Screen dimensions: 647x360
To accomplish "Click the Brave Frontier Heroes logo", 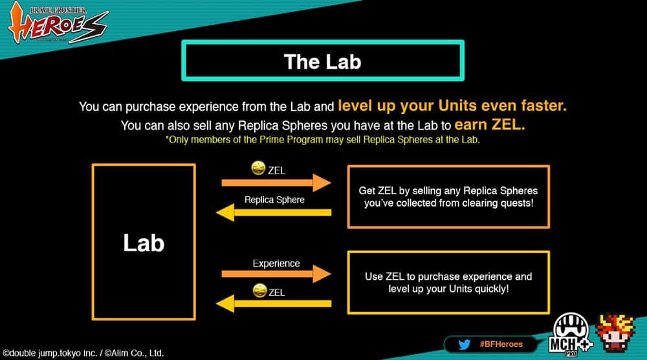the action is [58, 23].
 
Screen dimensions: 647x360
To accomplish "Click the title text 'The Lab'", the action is [323, 62].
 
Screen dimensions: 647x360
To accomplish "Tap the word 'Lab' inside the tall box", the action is [144, 242].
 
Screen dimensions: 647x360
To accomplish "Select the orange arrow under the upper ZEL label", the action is [276, 183].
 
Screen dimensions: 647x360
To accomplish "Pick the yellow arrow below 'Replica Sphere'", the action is [274, 212].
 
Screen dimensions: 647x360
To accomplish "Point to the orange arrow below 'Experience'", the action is [276, 274].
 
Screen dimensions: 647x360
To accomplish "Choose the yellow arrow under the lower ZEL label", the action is [274, 304].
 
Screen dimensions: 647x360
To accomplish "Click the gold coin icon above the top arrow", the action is [258, 168].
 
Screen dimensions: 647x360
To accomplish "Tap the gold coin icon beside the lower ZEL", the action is [259, 290].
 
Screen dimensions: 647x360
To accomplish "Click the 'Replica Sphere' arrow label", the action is [274, 200].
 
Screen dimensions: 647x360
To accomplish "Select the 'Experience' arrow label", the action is [276, 264].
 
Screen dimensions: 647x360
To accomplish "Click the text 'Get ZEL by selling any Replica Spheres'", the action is [448, 191].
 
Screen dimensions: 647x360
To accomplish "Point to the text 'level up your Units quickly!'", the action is [448, 289].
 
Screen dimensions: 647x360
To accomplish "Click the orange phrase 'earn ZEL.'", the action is [489, 125].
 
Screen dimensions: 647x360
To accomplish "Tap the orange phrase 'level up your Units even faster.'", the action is [452, 106].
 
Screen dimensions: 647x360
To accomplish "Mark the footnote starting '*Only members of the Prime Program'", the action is [323, 140].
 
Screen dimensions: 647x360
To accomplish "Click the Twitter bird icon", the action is [464, 344].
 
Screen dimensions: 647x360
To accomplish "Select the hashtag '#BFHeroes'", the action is [501, 344].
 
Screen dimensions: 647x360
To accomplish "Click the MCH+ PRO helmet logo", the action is [571, 335].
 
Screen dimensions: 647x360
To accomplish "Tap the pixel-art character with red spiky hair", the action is [615, 333].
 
